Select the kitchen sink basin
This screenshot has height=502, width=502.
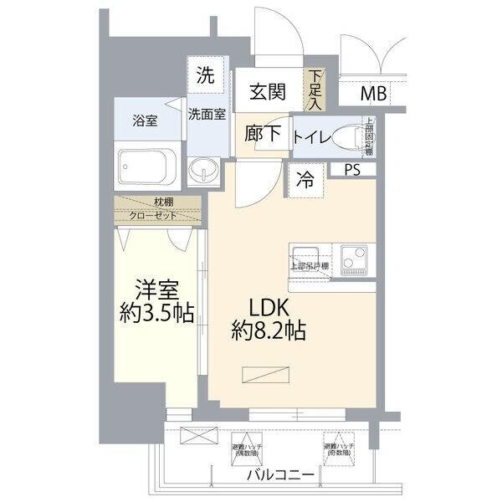tap(310, 253)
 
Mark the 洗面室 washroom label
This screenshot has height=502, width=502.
tap(207, 114)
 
